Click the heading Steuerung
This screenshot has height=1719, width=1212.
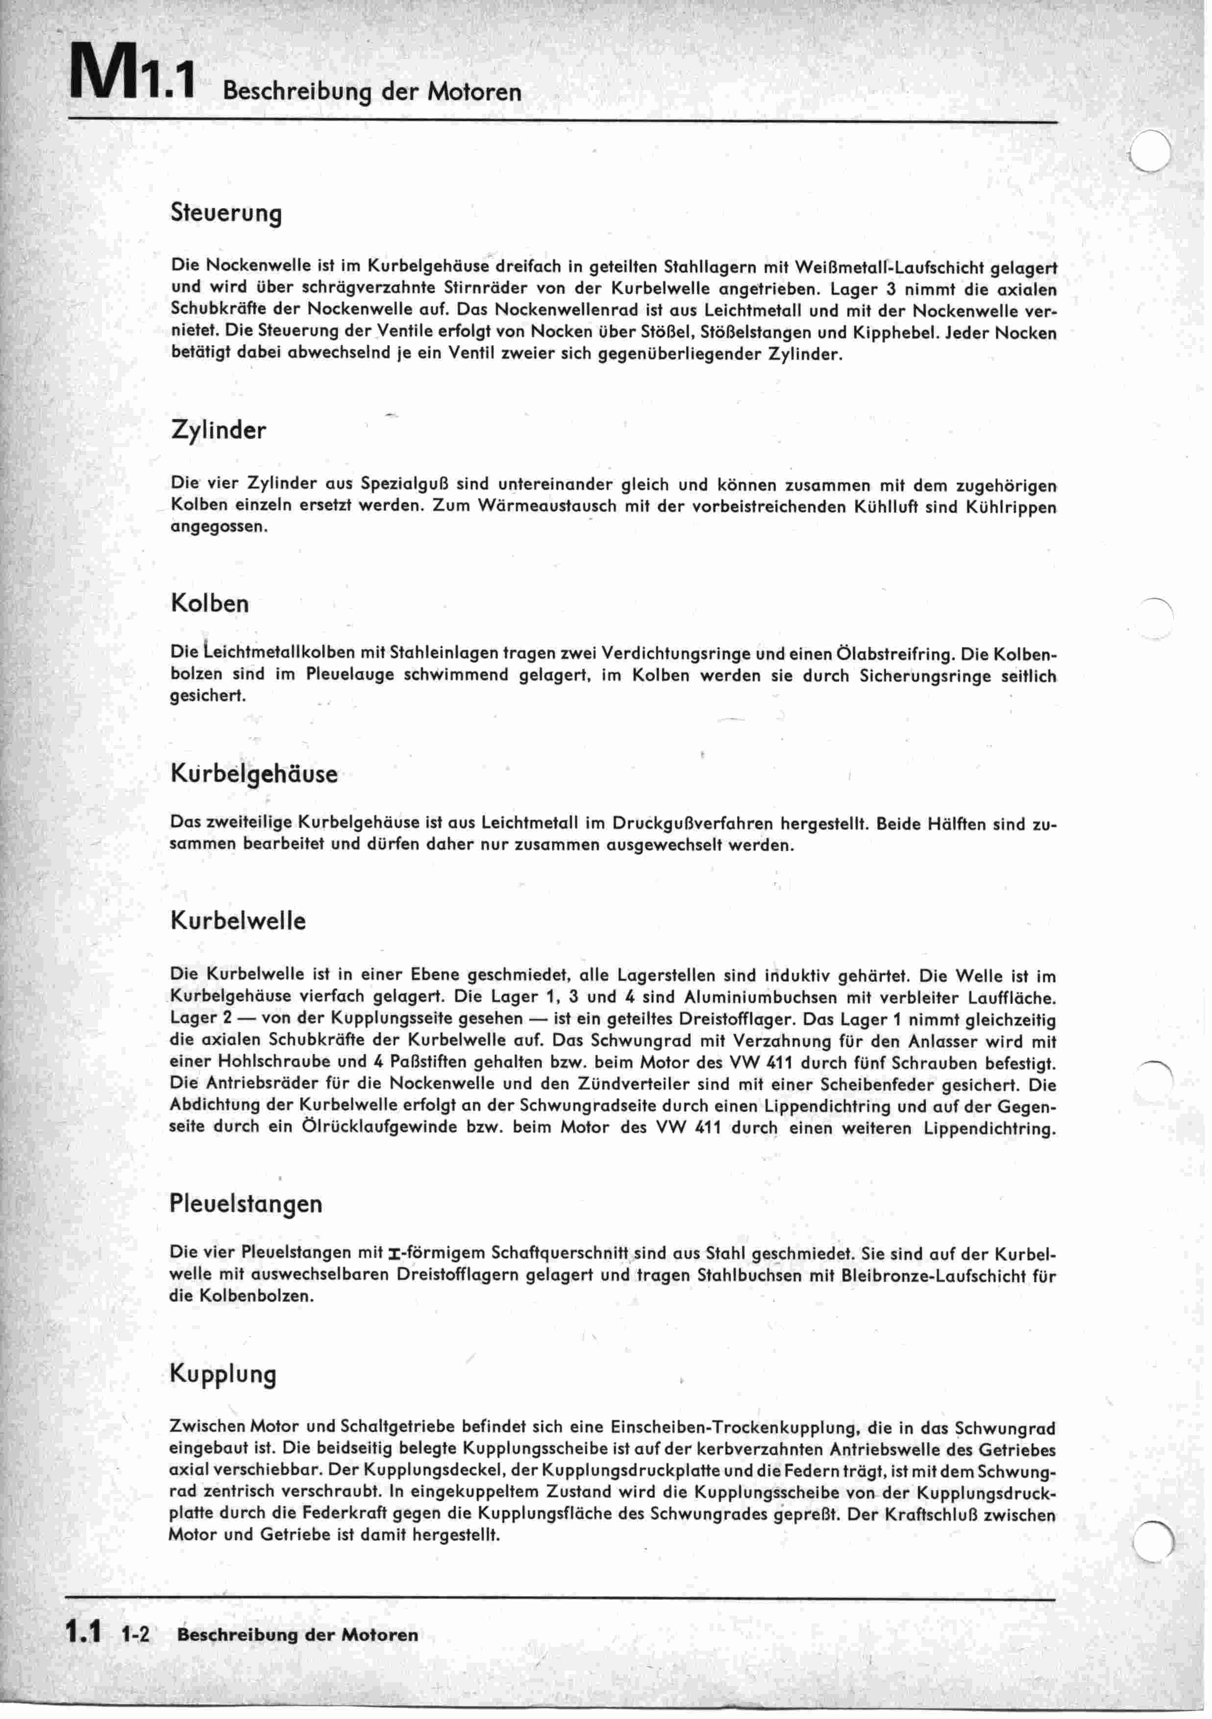point(226,214)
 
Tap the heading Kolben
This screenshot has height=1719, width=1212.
point(210,603)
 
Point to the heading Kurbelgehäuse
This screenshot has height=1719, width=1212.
point(254,774)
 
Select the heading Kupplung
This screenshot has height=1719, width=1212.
point(223,1374)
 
